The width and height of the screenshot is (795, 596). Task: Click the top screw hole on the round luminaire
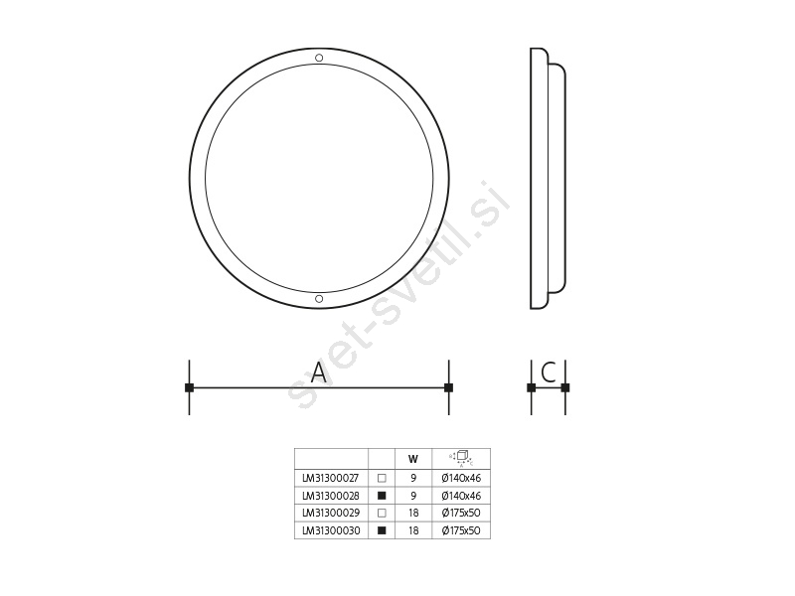319,58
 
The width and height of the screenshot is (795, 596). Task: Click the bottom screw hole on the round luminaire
319,299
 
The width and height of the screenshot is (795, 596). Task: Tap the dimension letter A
318,372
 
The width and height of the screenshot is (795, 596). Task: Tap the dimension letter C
549,372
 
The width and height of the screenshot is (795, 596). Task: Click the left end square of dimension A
189,387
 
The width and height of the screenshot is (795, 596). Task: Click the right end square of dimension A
449,387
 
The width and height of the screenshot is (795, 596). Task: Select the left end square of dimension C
532,387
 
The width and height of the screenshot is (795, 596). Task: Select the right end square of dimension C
565,387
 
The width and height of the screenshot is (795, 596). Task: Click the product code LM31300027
331,478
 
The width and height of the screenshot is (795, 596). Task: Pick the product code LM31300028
331,496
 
